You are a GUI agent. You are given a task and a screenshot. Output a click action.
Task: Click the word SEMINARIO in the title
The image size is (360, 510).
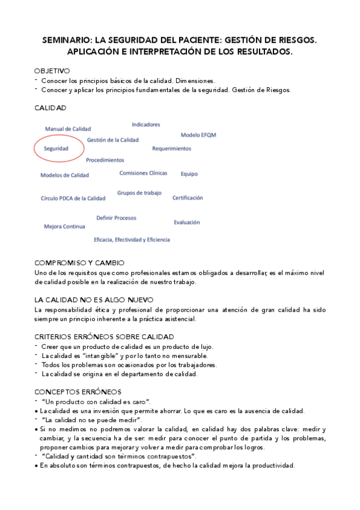click(69, 40)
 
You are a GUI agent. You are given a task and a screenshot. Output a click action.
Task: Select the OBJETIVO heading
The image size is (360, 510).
click(52, 70)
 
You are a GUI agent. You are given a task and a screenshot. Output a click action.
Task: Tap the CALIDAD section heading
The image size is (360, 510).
click(50, 108)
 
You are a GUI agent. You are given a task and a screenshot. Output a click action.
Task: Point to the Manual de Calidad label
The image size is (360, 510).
click(68, 129)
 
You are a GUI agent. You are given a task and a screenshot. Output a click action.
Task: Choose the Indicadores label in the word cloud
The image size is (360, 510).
click(146, 124)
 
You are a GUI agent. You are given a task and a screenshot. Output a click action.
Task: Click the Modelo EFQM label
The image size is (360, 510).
click(198, 135)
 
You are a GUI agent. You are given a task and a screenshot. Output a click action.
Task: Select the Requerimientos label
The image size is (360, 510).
click(171, 148)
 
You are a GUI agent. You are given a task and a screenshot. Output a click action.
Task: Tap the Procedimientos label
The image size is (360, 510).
click(105, 160)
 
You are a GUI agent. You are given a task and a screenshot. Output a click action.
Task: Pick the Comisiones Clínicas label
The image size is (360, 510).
click(143, 173)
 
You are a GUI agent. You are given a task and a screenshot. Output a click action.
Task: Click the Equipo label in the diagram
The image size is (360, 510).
click(189, 174)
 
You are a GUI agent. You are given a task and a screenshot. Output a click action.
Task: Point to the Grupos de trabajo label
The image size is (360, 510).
click(139, 193)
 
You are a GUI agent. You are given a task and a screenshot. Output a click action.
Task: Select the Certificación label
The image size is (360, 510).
click(188, 197)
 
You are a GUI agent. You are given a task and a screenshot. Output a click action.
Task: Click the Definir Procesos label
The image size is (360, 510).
click(116, 218)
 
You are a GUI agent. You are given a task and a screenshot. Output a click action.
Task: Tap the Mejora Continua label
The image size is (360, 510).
click(64, 227)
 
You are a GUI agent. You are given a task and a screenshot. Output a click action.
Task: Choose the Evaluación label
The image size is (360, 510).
click(187, 223)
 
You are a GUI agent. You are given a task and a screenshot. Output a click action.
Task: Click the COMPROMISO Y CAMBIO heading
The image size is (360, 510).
click(79, 263)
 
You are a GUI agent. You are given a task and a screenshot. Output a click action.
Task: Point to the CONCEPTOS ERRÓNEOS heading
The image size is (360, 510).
click(78, 392)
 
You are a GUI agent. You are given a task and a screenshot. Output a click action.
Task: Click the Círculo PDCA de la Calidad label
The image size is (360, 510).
click(73, 198)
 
